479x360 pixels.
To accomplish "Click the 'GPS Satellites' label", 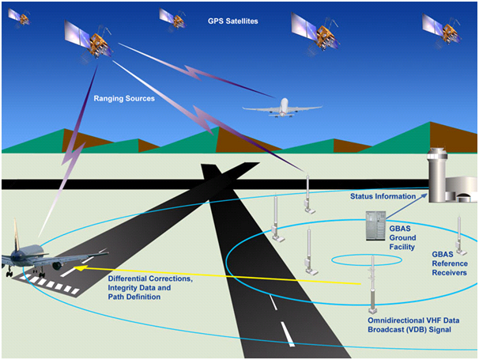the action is click(x=232, y=21).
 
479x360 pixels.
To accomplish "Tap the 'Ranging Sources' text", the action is click(x=124, y=98).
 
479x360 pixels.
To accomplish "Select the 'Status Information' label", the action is click(x=383, y=196).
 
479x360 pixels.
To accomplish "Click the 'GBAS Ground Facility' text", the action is click(x=402, y=237).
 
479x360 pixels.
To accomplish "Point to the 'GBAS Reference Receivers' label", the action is click(x=450, y=263).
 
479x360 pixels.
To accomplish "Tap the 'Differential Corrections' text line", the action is click(x=150, y=279).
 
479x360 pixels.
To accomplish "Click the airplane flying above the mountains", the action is click(x=282, y=108).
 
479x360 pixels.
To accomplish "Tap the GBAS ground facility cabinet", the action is click(x=375, y=225).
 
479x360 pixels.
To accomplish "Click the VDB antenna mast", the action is click(x=372, y=285).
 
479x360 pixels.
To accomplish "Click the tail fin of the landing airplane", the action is click(x=16, y=233).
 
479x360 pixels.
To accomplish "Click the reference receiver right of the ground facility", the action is click(x=460, y=236).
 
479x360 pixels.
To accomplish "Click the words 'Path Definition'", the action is click(x=134, y=297).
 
